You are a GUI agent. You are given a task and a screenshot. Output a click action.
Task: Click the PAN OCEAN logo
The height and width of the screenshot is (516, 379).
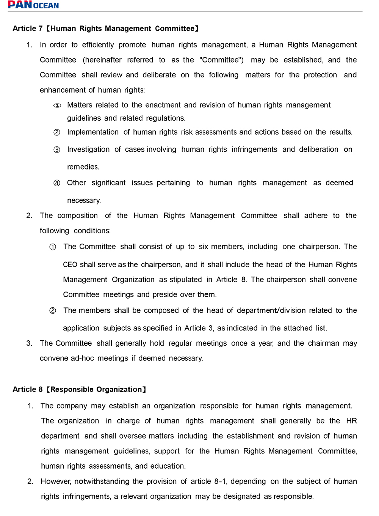[x=33, y=5]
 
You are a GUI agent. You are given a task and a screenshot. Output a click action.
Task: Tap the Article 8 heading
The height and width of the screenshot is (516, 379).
[x=79, y=389]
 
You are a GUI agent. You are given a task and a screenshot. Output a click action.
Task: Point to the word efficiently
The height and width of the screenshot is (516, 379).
[x=98, y=45]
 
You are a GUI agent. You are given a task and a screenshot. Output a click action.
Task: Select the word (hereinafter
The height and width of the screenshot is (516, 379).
[x=102, y=60]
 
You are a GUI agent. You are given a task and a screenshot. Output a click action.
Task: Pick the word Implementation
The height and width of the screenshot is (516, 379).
[x=93, y=132]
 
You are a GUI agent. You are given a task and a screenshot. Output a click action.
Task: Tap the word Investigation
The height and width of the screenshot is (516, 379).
[x=88, y=149]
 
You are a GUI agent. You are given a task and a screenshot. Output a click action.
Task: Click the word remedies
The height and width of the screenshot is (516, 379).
[x=83, y=167]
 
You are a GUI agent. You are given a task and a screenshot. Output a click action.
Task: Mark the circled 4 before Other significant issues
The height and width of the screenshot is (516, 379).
[x=57, y=183]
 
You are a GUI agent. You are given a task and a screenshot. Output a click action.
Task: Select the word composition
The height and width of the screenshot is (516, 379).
[x=77, y=216]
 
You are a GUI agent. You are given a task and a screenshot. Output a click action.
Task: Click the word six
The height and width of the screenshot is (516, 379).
[x=204, y=247]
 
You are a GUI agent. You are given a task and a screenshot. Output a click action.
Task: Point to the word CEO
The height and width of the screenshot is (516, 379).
[x=70, y=264]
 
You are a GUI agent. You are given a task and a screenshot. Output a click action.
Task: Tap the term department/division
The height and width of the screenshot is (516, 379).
[x=271, y=310]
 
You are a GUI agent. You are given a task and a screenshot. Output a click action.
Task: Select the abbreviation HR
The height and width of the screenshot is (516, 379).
[x=351, y=421]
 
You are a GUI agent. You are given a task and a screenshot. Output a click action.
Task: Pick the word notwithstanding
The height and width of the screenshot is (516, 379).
[x=102, y=481]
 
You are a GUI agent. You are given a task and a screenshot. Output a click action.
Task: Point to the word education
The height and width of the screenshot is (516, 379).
[x=168, y=466]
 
